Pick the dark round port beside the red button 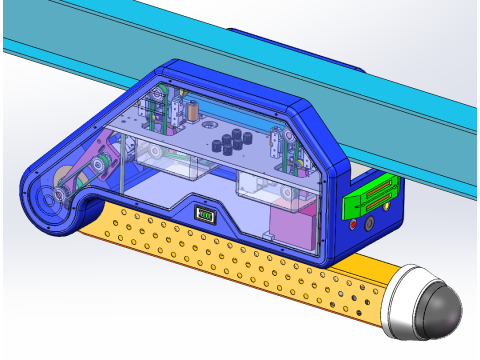point(372,222)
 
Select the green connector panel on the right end point(369,194)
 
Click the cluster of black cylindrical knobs point(233,142)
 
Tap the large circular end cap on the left point(48,206)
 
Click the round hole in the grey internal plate point(207,128)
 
